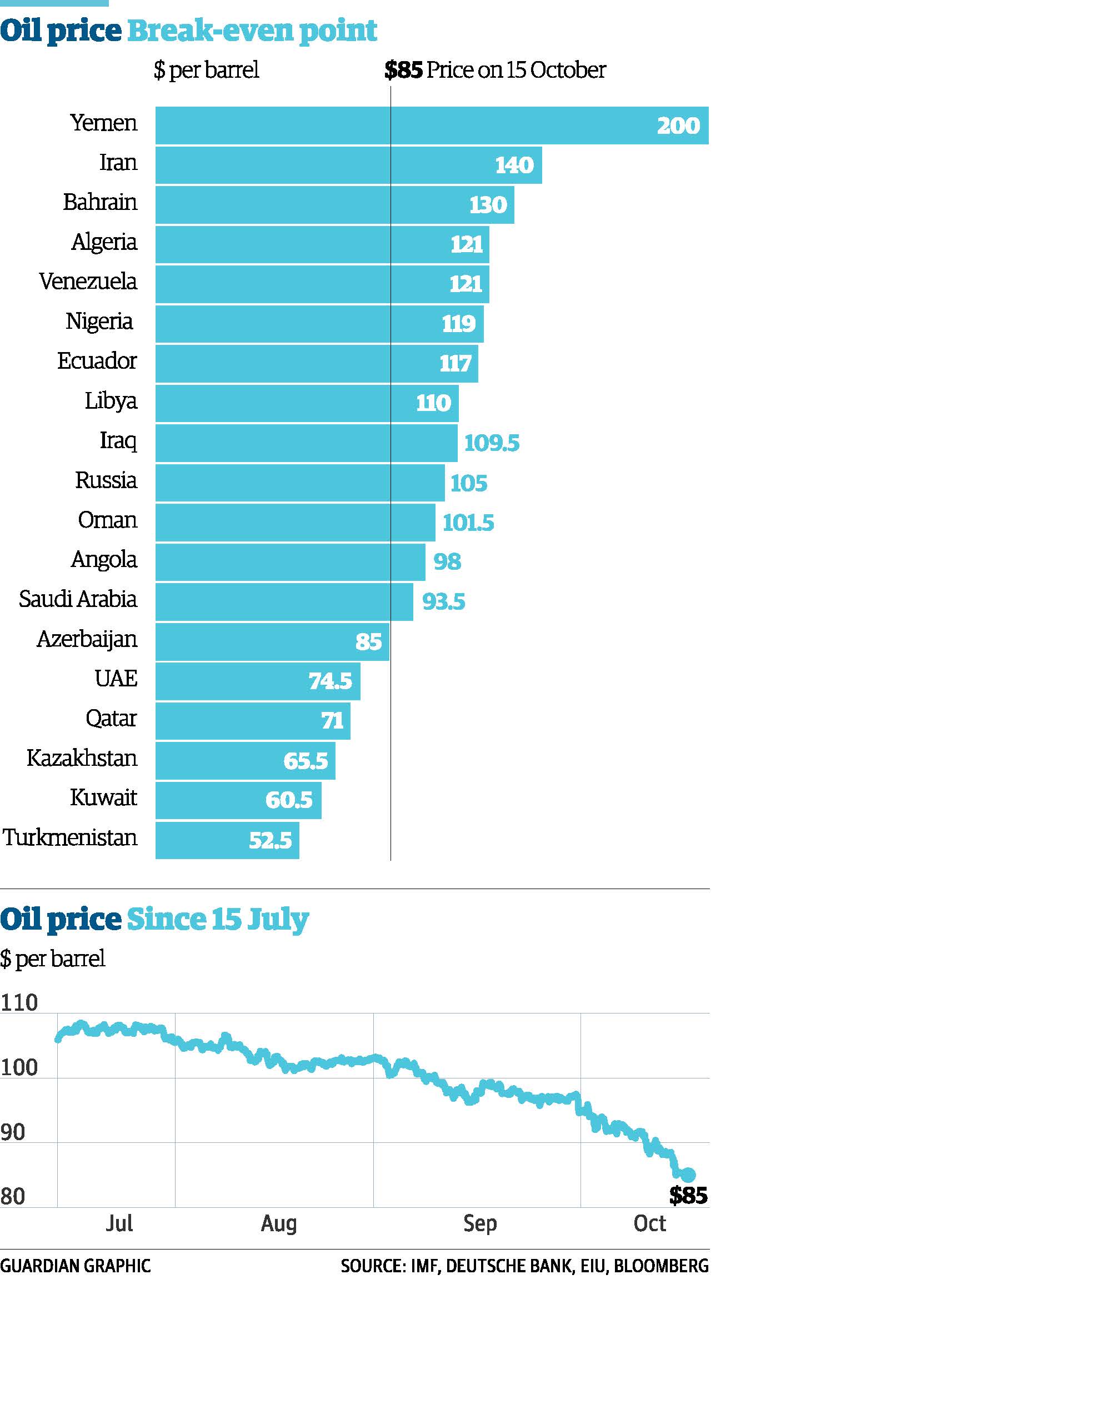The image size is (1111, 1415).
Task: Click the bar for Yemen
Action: click(x=432, y=126)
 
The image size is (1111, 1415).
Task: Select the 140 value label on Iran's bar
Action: click(x=514, y=165)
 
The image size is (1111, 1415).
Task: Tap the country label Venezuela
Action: click(x=88, y=282)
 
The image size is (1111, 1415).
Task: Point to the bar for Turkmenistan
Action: click(x=227, y=840)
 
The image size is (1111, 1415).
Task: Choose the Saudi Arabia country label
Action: click(x=77, y=599)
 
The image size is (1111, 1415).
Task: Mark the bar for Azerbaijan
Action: click(x=272, y=642)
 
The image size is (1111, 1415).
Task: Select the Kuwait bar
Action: click(x=238, y=800)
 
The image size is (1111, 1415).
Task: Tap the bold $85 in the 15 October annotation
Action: click(x=403, y=70)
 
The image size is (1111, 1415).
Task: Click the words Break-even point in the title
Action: click(x=252, y=31)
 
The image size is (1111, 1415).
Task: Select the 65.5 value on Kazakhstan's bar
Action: click(x=305, y=761)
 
